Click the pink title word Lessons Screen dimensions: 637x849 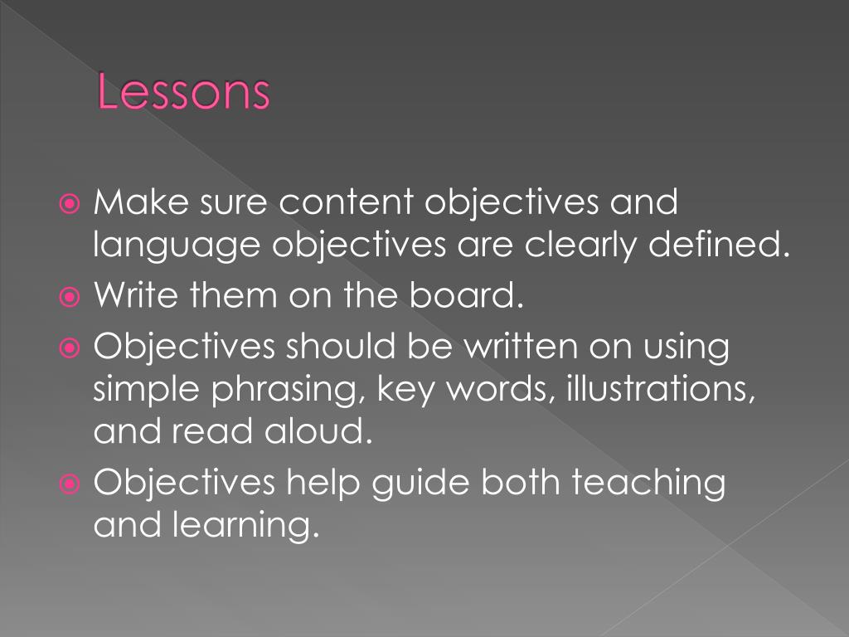183,93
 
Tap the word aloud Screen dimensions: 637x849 318,432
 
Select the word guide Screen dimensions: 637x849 424,484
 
